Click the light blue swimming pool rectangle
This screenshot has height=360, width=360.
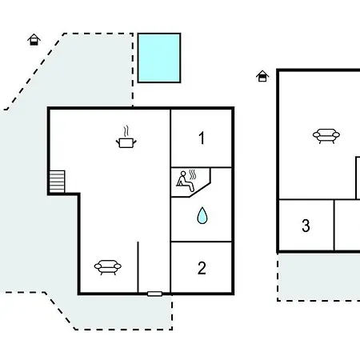coord(159,58)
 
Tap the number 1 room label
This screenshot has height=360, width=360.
coord(202,138)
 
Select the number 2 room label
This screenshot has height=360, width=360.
coord(202,268)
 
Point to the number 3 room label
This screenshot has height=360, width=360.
coord(306,226)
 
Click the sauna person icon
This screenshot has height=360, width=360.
coord(185,182)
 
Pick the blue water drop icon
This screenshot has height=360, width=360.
coord(202,215)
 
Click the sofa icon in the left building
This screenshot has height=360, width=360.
coord(108,267)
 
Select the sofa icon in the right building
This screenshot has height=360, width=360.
coord(326,136)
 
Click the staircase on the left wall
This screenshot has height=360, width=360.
coord(57,182)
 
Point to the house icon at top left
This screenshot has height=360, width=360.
coord(34,39)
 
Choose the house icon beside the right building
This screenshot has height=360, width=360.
coord(262,76)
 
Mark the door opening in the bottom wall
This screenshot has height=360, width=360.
coord(154,294)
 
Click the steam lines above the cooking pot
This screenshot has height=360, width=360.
coord(126,131)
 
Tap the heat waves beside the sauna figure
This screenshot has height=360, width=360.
coord(193,174)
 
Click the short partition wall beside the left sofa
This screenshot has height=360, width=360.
coord(138,267)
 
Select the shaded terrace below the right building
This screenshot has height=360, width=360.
coord(318,277)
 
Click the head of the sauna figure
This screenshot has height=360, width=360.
coord(183,174)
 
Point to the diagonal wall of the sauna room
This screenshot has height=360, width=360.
coord(200,190)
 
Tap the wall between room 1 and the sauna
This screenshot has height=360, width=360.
coord(202,167)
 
